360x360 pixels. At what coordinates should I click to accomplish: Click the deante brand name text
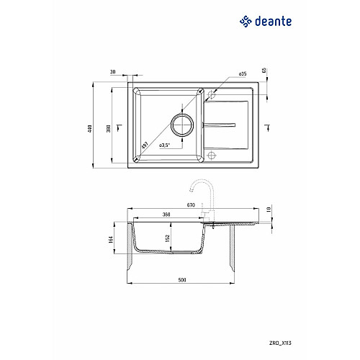(273, 22)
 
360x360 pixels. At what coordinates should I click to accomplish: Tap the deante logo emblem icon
(246, 22)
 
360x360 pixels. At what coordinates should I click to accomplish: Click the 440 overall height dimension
(90, 129)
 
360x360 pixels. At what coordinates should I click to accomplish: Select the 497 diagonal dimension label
(145, 145)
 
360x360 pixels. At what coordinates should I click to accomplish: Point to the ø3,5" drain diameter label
(164, 145)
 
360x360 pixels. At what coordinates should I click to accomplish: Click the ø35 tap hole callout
(243, 73)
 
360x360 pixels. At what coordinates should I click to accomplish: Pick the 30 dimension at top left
(112, 72)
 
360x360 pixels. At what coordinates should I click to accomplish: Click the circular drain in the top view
(182, 125)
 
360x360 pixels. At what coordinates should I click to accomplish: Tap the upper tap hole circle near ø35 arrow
(212, 94)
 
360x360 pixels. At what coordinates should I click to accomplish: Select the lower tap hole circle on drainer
(212, 155)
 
